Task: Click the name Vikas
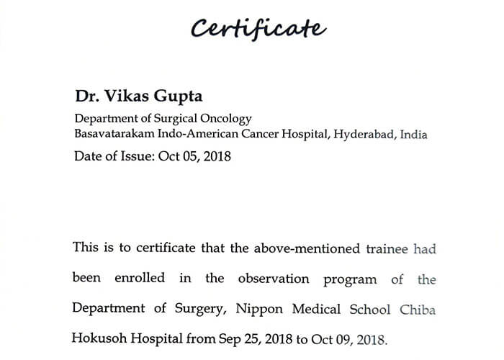123,97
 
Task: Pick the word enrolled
139,279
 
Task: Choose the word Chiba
418,309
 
